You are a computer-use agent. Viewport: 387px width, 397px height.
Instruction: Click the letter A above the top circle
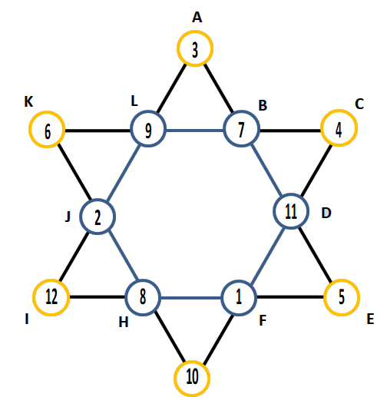pyautogui.click(x=197, y=18)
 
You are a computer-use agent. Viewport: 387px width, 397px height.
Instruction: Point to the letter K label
pyautogui.click(x=28, y=101)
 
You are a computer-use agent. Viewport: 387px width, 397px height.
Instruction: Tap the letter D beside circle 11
pyautogui.click(x=326, y=213)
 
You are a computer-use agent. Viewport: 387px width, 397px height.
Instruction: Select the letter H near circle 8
pyautogui.click(x=124, y=323)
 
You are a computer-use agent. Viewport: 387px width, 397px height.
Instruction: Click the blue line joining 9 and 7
pyautogui.click(x=195, y=131)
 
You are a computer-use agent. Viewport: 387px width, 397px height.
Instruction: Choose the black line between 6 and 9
pyautogui.click(x=98, y=131)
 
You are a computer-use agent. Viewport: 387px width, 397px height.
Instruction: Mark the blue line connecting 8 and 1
pyautogui.click(x=190, y=298)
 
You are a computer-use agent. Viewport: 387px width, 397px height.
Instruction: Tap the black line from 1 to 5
pyautogui.click(x=290, y=297)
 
